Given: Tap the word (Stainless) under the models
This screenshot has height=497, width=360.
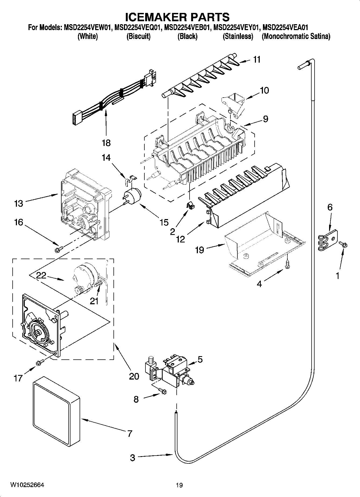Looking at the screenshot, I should tap(238, 36).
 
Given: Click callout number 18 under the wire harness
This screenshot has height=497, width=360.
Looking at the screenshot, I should tap(106, 143).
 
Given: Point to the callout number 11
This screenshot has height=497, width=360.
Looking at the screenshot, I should tap(257, 59).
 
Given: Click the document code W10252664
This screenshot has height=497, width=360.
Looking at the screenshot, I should tap(27, 485).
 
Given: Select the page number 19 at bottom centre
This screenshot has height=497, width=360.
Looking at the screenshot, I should tap(179, 485).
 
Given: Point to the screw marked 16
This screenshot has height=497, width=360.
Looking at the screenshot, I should tap(58, 250).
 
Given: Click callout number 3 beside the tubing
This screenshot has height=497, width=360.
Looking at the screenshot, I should tap(133, 458).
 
